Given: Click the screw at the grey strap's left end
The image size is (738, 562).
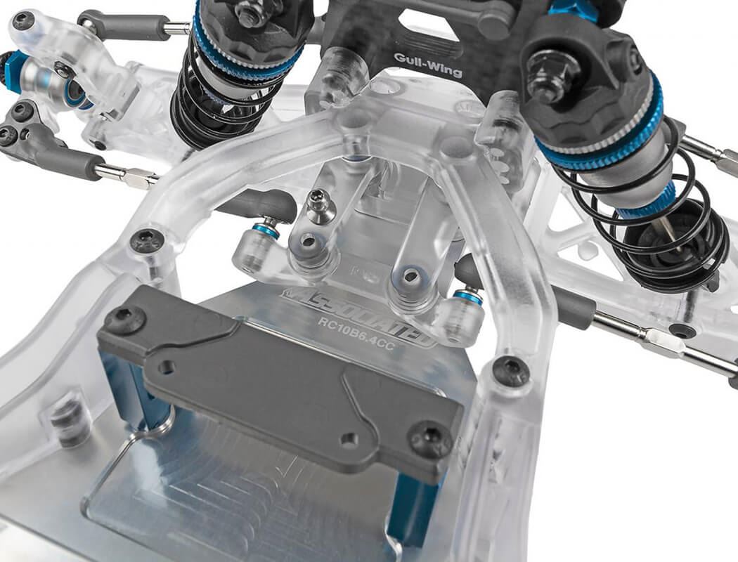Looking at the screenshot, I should tap(124, 320).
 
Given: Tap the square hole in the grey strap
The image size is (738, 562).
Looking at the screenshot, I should tap(349, 440).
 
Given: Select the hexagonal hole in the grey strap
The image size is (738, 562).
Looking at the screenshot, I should tap(167, 367).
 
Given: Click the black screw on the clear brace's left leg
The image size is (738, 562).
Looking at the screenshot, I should tap(148, 241).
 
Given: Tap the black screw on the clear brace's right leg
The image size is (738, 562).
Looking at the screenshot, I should tap(512, 370).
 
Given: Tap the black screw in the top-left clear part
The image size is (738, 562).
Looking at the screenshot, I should tap(23, 21).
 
